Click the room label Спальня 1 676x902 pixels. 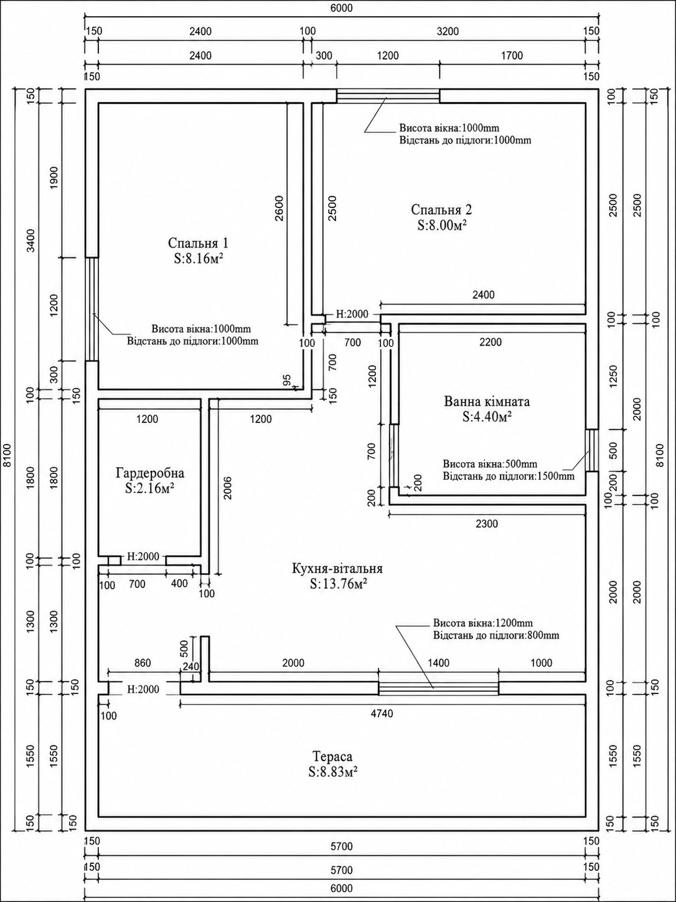tap(198, 243)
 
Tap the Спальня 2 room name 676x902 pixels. tap(441, 209)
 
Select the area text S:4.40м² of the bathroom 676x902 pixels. tap(487, 417)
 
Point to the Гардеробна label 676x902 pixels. tap(150, 473)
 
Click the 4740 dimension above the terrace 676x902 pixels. tap(382, 714)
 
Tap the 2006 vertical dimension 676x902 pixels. tap(227, 488)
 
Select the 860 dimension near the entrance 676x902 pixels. tap(143, 663)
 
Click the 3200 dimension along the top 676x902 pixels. tap(448, 32)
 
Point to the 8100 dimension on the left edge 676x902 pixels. tap(6, 455)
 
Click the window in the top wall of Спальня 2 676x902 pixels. tap(388, 96)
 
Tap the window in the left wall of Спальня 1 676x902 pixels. tap(92, 309)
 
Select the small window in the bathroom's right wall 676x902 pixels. tap(591, 450)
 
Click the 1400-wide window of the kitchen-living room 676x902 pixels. tap(438, 688)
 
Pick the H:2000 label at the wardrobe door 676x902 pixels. tap(143, 556)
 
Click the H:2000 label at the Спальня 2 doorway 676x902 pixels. tap(352, 315)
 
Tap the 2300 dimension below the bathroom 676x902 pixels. tap(487, 523)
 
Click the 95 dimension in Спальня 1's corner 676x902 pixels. tap(287, 379)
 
